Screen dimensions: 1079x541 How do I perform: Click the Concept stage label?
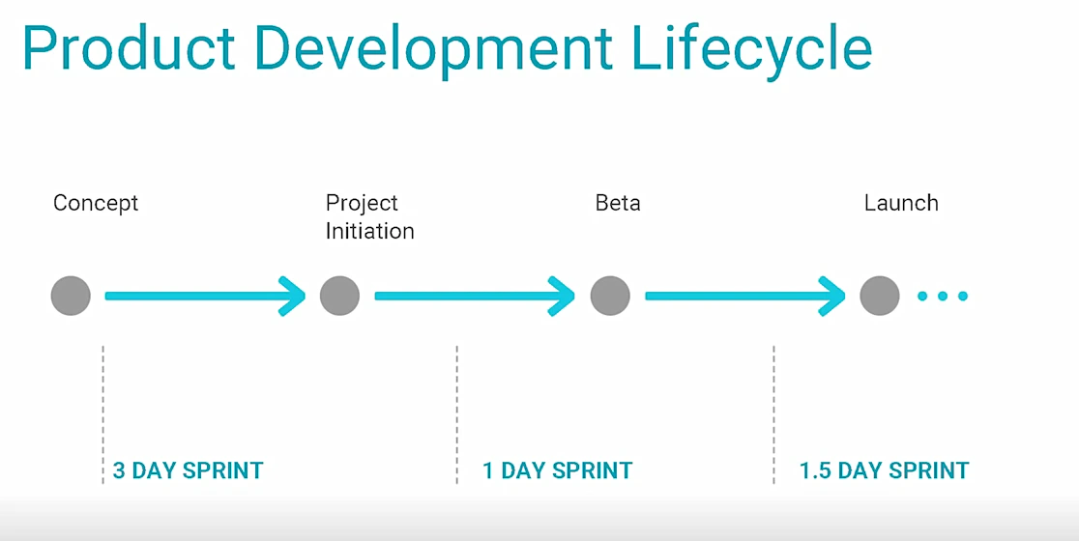coord(96,204)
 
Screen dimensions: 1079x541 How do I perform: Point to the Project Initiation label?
coord(369,216)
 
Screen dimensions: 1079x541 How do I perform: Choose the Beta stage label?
coord(617,203)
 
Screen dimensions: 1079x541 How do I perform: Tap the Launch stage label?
coord(901,203)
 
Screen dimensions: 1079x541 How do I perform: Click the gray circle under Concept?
coord(71,296)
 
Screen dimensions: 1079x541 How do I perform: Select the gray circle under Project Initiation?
coord(340,296)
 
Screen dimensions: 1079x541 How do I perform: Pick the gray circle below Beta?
coord(610,296)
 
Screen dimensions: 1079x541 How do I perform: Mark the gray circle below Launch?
coord(880,296)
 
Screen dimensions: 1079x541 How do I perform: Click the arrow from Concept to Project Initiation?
coord(205,297)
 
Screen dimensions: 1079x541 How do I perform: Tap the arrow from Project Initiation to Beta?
coord(475,297)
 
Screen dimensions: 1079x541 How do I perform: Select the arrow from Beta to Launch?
coord(745,297)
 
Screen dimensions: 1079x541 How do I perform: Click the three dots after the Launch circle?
coord(943,297)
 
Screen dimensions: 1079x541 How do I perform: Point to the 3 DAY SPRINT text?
coord(188,470)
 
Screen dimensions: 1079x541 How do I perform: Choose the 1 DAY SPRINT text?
coord(558,470)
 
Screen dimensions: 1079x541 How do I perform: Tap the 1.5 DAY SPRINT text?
coord(885,470)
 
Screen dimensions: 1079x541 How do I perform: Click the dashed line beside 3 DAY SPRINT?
coord(103,414)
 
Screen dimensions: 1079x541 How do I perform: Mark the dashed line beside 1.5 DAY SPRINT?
coord(774,414)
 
